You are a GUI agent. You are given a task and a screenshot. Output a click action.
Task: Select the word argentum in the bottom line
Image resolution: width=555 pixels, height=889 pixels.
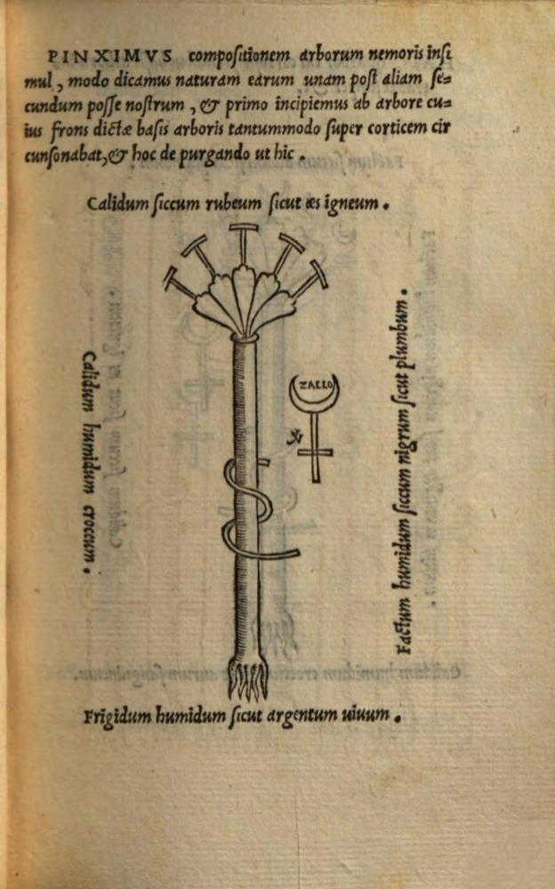[300, 715]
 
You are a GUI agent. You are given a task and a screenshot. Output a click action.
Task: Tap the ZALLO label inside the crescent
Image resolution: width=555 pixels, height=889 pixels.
[314, 387]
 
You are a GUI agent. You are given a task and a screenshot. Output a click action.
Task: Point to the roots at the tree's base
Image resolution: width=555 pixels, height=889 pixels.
[246, 680]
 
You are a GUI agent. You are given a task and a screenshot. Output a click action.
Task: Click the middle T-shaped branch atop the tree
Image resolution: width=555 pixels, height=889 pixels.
[242, 241]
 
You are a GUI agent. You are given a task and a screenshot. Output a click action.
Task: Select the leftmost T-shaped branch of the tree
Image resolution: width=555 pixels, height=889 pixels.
[178, 284]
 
